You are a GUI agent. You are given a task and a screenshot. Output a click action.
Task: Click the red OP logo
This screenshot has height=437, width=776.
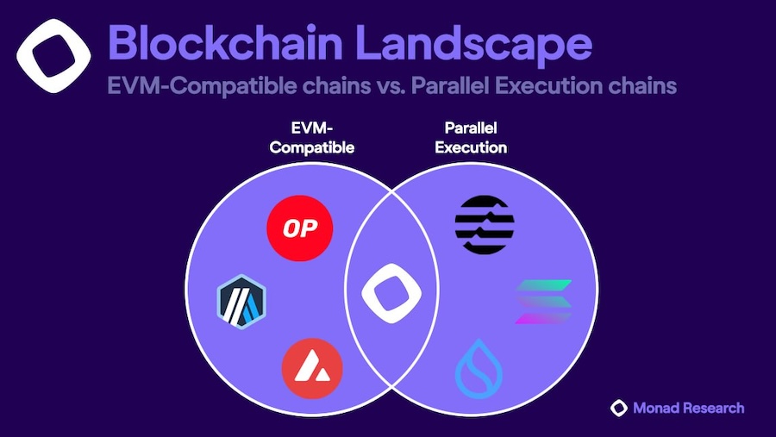tap(299, 228)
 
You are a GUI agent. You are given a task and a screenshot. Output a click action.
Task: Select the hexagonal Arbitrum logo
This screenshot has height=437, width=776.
tap(241, 302)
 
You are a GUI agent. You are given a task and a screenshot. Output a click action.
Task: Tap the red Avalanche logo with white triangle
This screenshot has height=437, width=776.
tap(312, 369)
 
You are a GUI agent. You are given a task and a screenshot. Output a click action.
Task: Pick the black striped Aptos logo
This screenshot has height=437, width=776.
tap(485, 225)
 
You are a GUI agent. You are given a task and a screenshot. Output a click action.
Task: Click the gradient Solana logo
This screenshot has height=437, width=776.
tap(543, 302)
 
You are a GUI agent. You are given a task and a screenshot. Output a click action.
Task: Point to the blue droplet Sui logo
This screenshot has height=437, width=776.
tap(479, 369)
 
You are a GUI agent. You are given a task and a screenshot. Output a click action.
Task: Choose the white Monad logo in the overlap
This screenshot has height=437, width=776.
tap(391, 293)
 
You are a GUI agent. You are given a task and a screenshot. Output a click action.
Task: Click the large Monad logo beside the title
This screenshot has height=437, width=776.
tap(53, 56)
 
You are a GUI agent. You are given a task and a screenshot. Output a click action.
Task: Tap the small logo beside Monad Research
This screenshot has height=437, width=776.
tap(618, 408)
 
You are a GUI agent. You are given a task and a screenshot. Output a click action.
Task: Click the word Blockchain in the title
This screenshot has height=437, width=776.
tap(225, 43)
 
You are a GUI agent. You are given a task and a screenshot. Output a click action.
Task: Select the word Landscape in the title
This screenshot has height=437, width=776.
tap(473, 46)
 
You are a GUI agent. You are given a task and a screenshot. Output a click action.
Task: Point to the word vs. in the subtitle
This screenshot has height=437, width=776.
tap(391, 86)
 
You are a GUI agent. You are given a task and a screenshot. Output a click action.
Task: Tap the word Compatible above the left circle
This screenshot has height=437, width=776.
tap(312, 147)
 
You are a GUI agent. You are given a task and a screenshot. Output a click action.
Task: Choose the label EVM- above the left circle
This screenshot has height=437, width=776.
tap(312, 128)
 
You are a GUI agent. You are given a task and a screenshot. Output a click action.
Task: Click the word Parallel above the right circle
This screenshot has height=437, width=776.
tap(471, 128)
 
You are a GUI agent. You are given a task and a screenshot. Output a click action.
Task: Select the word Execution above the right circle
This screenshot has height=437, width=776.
tap(471, 147)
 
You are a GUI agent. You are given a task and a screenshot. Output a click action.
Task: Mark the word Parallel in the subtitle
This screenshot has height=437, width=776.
tap(450, 85)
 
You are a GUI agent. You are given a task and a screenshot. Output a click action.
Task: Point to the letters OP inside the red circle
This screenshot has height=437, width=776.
tap(300, 228)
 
